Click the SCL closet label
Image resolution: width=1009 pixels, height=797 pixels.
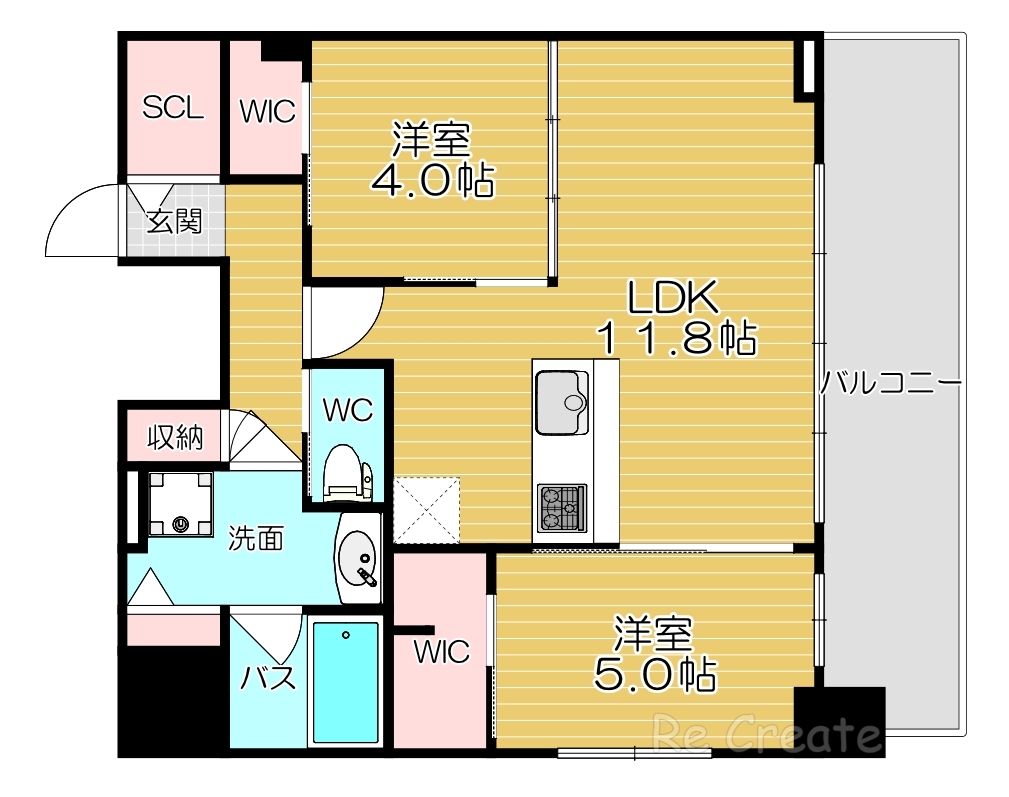(172, 107)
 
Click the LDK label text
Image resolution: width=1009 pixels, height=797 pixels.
(673, 297)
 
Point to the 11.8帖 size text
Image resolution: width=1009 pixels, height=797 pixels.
(675, 340)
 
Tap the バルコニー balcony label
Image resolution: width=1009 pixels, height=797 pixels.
(890, 383)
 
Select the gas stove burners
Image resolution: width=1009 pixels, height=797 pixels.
(562, 508)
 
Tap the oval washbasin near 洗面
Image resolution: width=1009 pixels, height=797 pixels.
(359, 558)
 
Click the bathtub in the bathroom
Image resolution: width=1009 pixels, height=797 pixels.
(345, 682)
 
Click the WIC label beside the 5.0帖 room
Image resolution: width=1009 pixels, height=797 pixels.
(442, 652)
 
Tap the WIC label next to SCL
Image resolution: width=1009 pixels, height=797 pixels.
(267, 111)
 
